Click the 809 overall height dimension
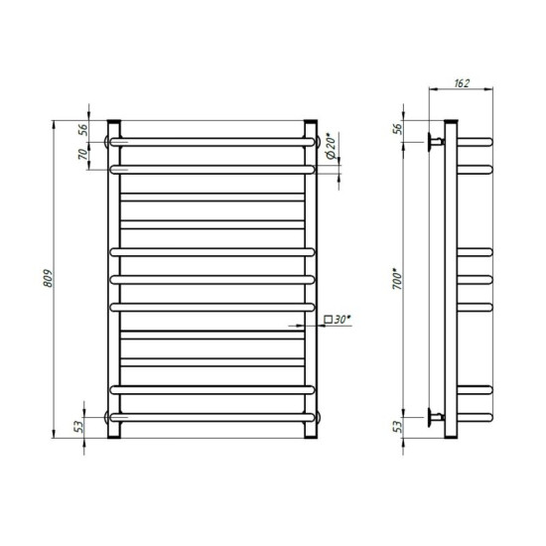click(x=48, y=278)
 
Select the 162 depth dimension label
click(x=462, y=83)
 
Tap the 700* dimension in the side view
click(x=397, y=279)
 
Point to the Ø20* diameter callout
click(x=332, y=146)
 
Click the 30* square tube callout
click(x=338, y=320)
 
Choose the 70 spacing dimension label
click(x=82, y=154)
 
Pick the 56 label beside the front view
click(x=82, y=129)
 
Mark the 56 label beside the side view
click(x=397, y=129)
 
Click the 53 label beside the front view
click(x=79, y=427)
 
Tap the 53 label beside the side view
click(x=397, y=427)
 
